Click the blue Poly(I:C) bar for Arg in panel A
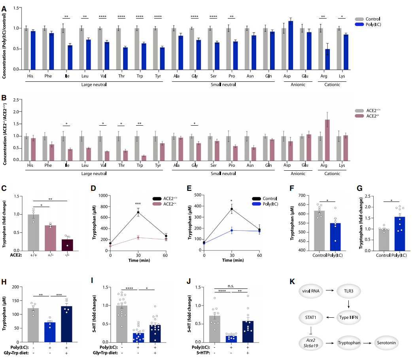(x=327, y=59)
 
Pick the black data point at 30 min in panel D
(x=138, y=212)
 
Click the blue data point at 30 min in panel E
(x=232, y=230)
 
